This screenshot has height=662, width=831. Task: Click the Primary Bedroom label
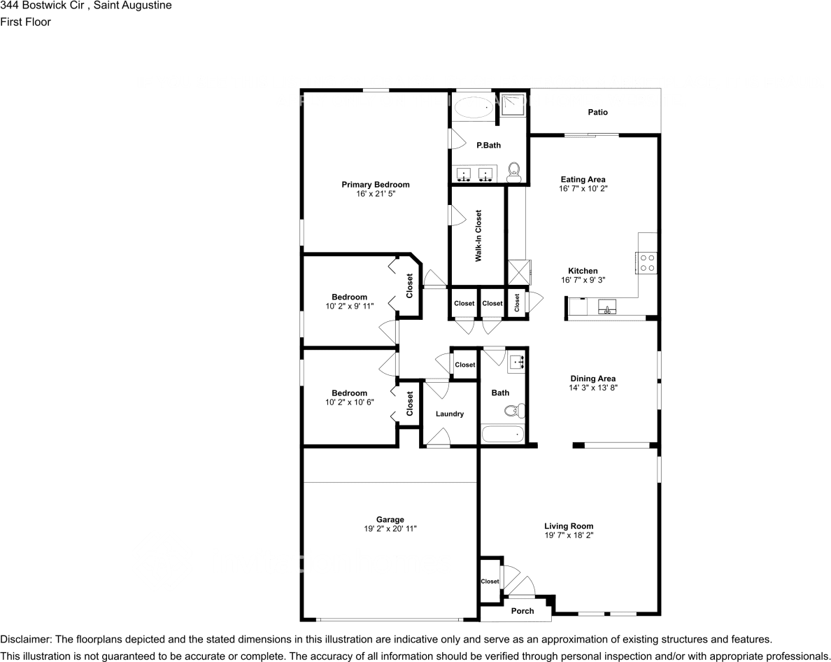tap(375, 185)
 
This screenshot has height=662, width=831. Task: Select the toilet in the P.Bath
tap(514, 171)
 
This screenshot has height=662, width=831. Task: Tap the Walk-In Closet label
tap(478, 236)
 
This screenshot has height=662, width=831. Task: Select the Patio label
tap(597, 112)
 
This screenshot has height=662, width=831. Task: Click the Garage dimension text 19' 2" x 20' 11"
tap(390, 529)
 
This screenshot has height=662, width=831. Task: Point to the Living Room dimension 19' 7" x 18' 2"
tap(569, 535)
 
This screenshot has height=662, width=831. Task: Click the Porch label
tap(523, 611)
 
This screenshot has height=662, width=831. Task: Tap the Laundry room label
tap(449, 414)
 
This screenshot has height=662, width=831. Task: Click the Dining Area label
tap(592, 379)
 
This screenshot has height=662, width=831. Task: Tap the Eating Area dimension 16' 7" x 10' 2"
tap(582, 189)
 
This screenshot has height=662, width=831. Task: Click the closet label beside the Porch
tap(490, 582)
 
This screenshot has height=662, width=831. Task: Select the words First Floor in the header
tap(25, 22)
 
